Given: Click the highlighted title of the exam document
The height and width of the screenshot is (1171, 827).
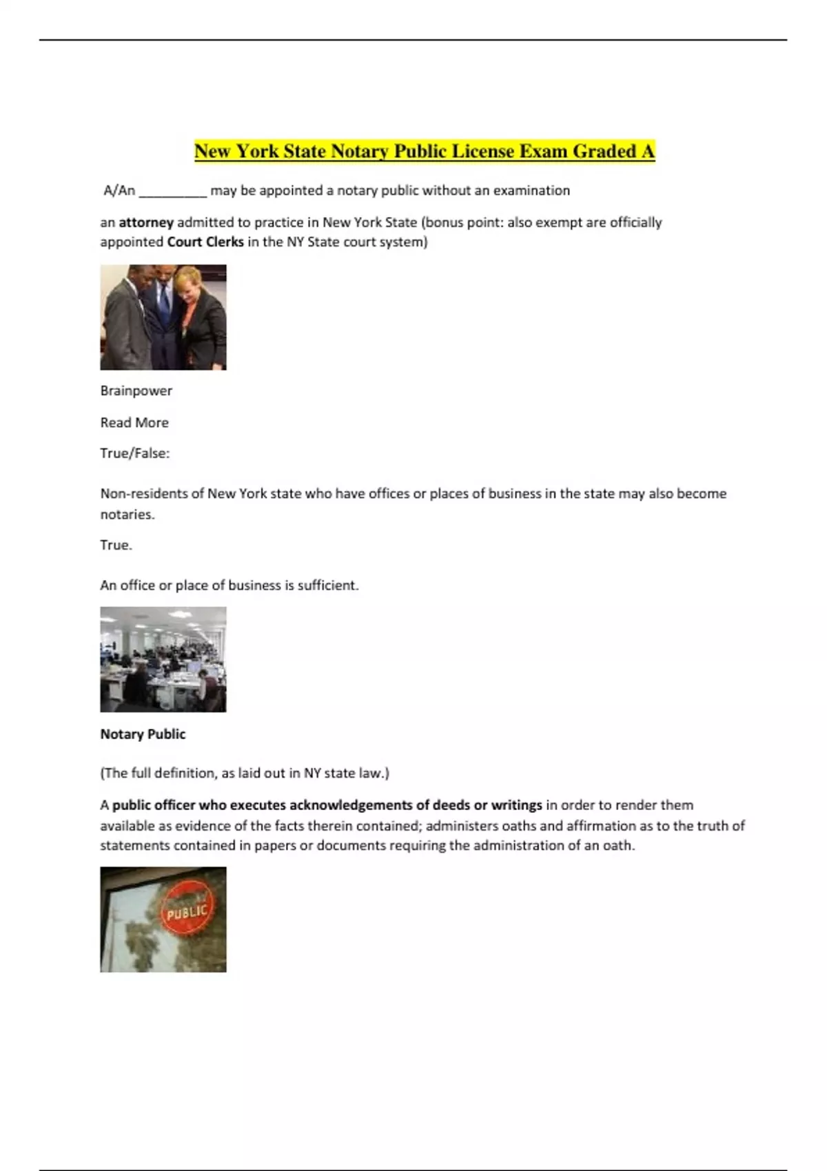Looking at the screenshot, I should [424, 151].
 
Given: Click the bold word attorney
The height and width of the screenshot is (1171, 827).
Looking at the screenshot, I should [146, 222].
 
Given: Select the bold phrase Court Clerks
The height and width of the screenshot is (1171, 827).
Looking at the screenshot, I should [205, 242].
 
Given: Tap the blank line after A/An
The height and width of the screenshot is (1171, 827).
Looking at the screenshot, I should [172, 191].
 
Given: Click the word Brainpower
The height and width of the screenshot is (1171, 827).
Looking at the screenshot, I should [136, 391].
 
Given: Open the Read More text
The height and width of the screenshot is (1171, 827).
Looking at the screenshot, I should [134, 422].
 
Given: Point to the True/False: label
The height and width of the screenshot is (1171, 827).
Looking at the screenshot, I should [134, 453].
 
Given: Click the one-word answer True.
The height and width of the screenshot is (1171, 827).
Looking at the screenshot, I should [115, 545].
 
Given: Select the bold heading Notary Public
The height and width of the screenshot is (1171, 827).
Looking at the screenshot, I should [143, 734].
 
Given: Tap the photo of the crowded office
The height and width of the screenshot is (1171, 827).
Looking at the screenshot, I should [163, 659].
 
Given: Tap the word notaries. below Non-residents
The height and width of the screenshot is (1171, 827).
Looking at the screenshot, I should [127, 515].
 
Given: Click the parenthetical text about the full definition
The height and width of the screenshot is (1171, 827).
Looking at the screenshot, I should [245, 773].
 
